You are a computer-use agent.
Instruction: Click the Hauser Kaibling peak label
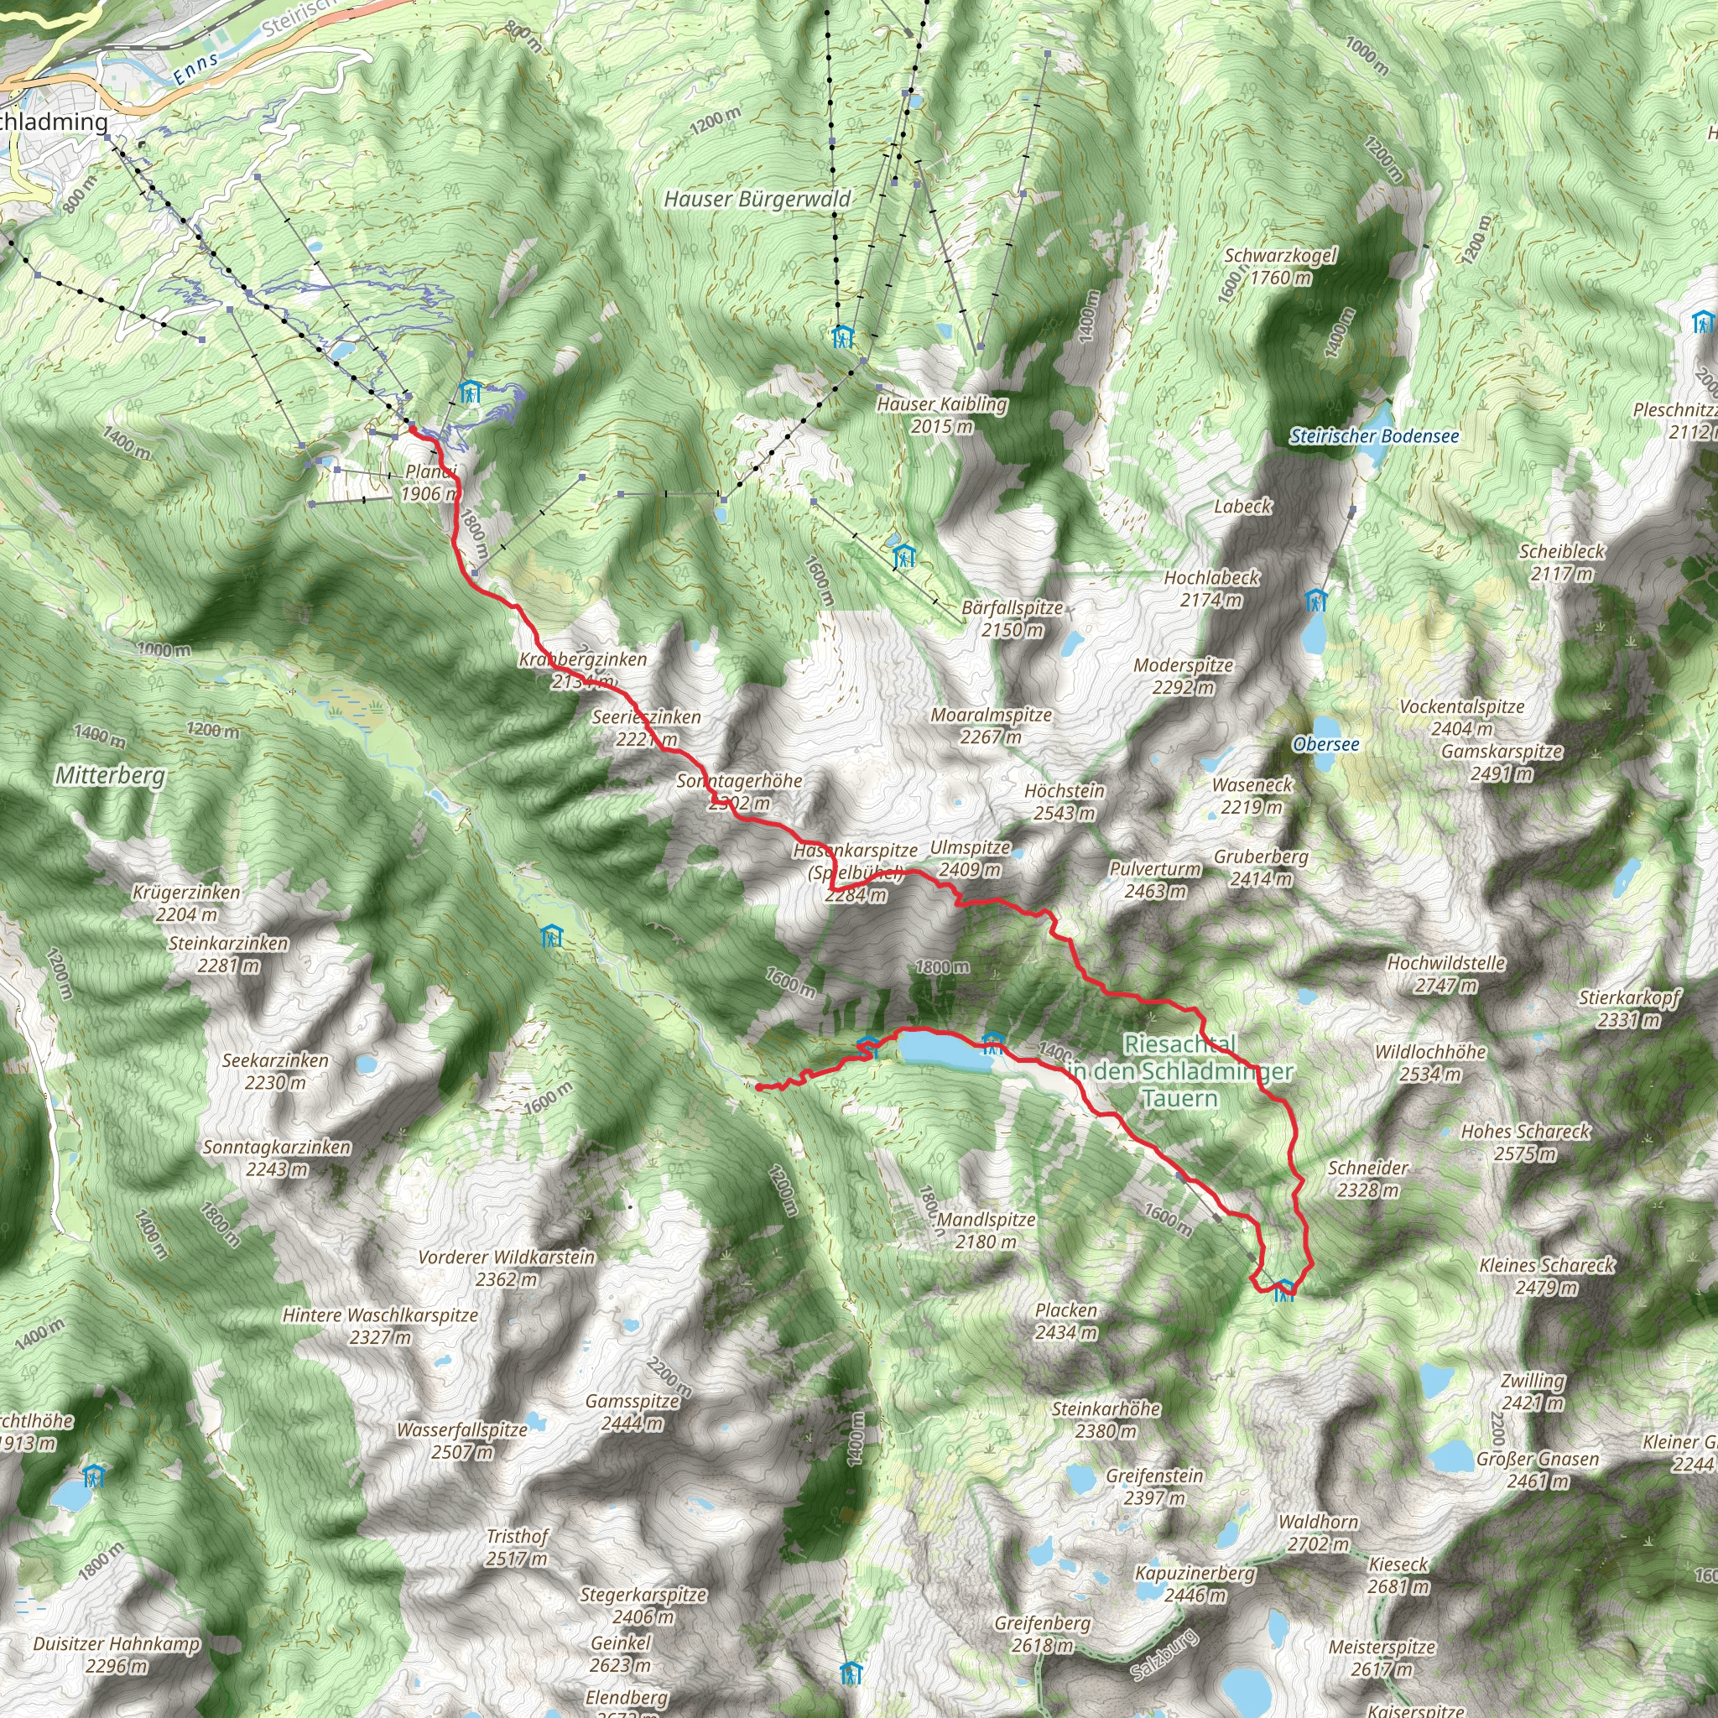[x=942, y=414]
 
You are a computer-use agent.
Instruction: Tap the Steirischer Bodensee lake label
[x=1374, y=435]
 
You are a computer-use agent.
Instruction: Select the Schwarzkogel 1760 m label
[x=1279, y=266]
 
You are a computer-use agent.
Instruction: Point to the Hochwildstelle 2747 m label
[x=1446, y=974]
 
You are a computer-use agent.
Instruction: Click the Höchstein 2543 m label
[x=1065, y=801]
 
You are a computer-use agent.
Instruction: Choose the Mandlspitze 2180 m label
[x=987, y=1231]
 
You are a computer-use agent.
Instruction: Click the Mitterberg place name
[x=110, y=775]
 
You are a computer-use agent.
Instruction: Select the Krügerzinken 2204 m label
[x=186, y=903]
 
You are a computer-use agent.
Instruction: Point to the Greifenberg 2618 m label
[x=1042, y=1633]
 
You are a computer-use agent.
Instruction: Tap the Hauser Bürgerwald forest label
[x=757, y=199]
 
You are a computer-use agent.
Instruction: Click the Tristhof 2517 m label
[x=517, y=1547]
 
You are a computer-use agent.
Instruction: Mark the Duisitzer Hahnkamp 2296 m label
[x=117, y=1655]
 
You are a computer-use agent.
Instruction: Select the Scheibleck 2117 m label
[x=1561, y=562]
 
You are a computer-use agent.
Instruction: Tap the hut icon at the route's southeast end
[x=1283, y=1288]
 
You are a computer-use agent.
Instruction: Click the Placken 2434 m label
[x=1066, y=1320]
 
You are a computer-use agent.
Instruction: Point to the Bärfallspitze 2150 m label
[x=1012, y=619]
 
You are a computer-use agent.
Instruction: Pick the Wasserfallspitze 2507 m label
[x=462, y=1440]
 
